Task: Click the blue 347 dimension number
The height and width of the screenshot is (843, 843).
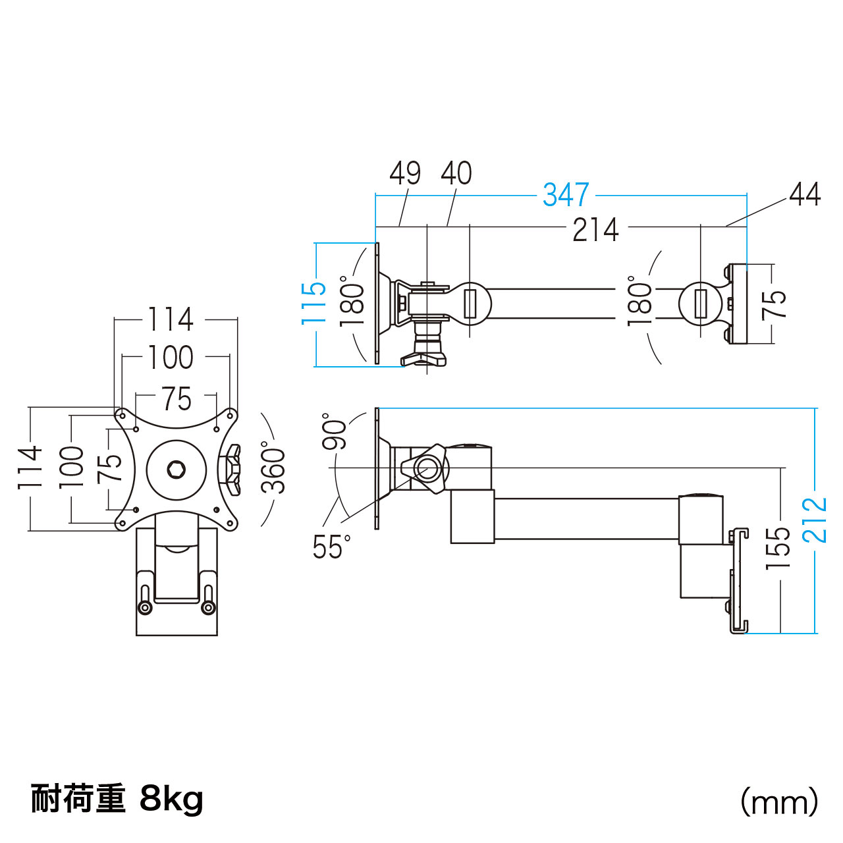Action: pos(566,195)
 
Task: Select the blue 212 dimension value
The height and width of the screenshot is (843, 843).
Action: pos(815,520)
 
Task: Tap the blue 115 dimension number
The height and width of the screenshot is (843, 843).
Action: pos(314,302)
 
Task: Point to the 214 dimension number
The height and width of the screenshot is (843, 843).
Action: pos(595,230)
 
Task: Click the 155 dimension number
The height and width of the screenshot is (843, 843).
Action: pos(778,548)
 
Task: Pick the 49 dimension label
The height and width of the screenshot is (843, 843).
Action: pos(405,173)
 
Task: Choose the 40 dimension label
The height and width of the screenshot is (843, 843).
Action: pos(456,173)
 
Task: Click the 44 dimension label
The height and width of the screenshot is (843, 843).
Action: pos(805,194)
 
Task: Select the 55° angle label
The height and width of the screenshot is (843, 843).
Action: pos(331,547)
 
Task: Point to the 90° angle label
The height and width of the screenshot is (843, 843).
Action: pos(335,431)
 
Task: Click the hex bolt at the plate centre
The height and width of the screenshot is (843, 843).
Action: pos(176,470)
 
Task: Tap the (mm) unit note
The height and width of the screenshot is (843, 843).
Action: pos(779,802)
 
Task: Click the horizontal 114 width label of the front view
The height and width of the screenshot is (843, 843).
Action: pos(171,319)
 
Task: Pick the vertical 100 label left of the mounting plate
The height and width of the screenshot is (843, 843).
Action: pos(72,467)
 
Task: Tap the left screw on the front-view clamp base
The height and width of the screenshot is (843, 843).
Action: pos(144,607)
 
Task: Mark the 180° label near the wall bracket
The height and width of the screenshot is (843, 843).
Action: pos(639,302)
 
